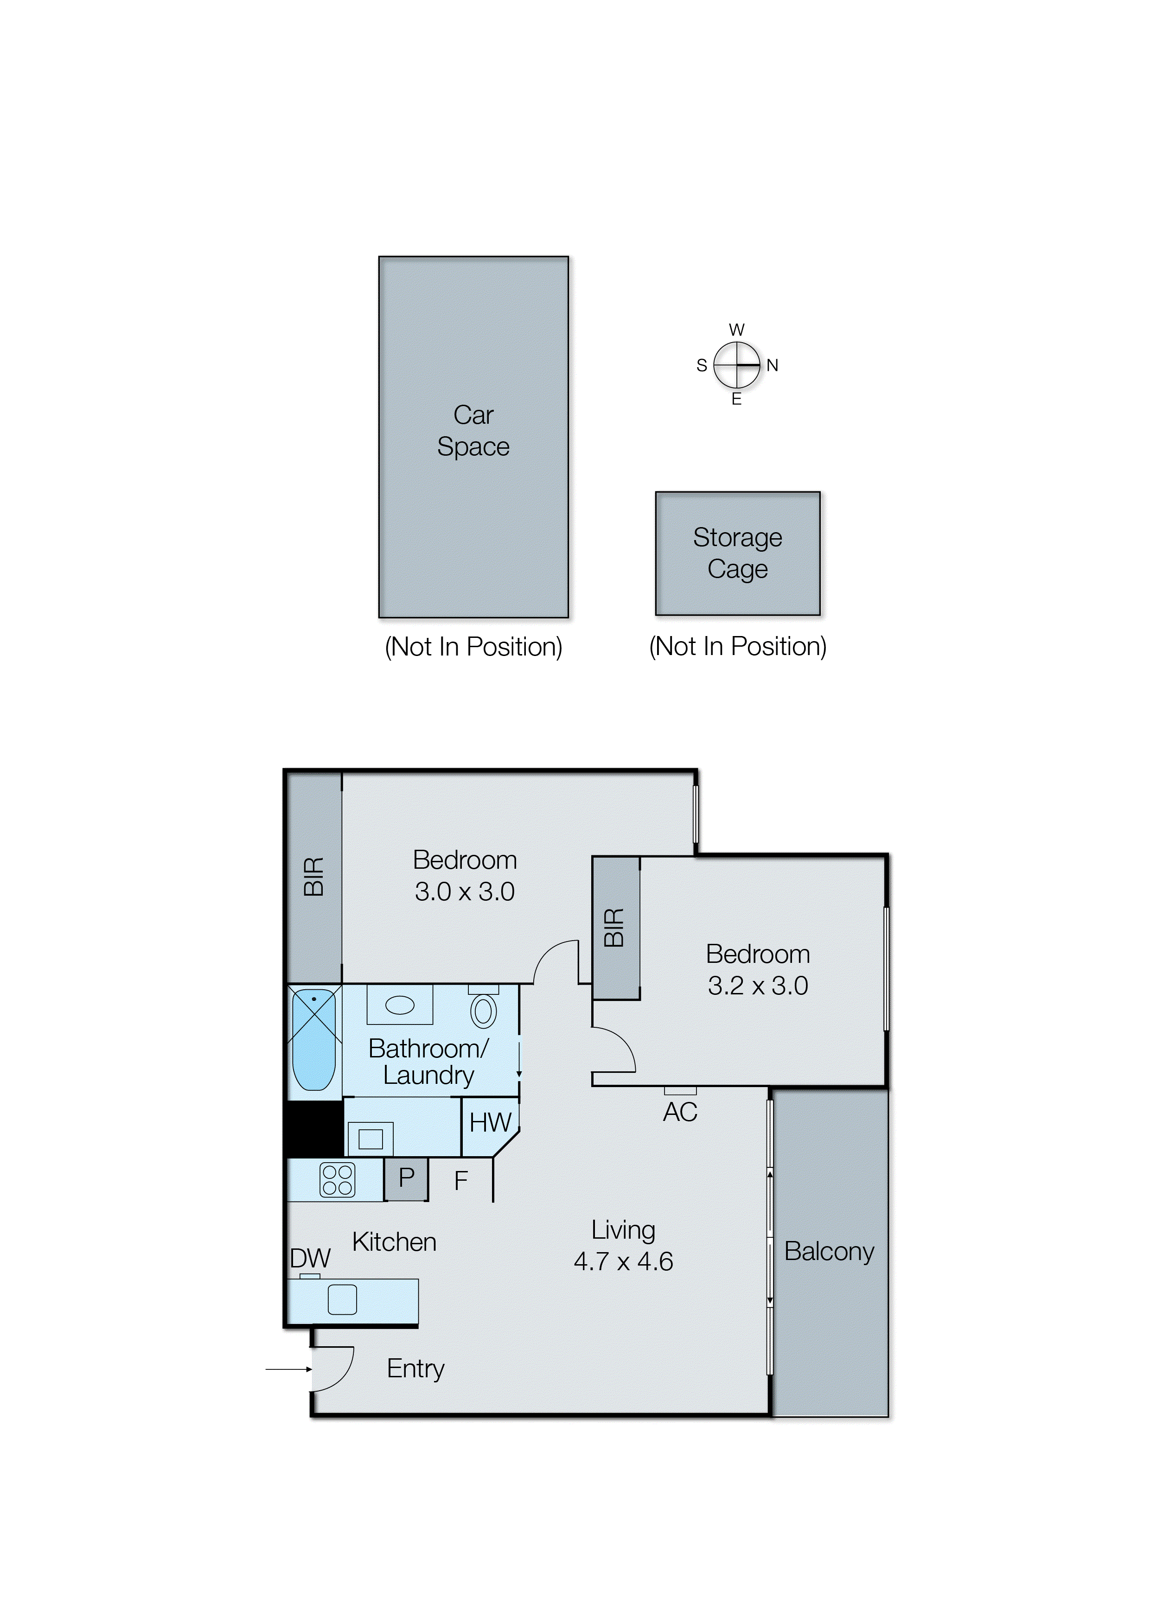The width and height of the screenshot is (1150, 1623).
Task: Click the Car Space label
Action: (473, 430)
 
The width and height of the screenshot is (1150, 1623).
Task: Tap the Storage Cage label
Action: (737, 553)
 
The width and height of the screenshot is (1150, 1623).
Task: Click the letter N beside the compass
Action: (773, 365)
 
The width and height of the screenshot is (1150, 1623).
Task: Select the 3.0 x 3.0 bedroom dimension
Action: (465, 891)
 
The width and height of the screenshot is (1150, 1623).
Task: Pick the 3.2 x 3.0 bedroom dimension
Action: (758, 985)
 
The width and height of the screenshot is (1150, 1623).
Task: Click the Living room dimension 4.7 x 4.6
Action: (623, 1260)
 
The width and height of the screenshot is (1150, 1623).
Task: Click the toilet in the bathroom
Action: (484, 1009)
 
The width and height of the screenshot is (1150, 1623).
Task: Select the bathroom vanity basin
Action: (399, 1005)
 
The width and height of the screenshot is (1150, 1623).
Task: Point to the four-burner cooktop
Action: (337, 1180)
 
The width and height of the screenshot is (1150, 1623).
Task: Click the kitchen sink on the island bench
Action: (342, 1299)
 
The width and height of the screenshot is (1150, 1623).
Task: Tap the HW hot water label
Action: (490, 1123)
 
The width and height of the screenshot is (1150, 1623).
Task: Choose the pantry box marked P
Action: (406, 1179)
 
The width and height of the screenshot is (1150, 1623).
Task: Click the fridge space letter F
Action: (461, 1181)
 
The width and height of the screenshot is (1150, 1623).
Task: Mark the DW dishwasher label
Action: (310, 1258)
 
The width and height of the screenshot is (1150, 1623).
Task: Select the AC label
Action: (680, 1112)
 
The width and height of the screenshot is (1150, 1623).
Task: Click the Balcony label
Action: (829, 1251)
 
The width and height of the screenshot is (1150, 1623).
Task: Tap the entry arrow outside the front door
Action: (289, 1369)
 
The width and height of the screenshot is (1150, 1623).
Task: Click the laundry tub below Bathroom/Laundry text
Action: (371, 1139)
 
